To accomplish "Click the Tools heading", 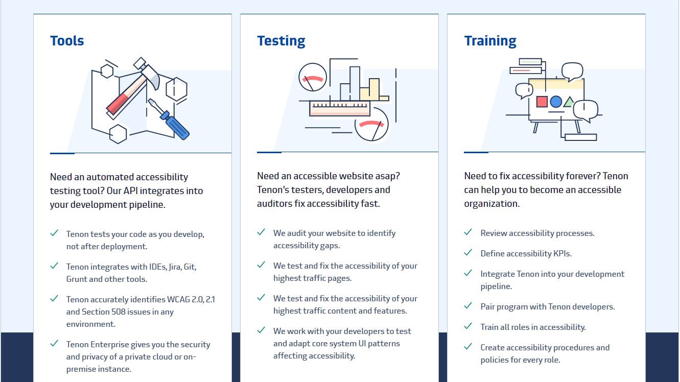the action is click(67, 41).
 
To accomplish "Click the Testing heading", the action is click(281, 41).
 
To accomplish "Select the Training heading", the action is click(490, 41).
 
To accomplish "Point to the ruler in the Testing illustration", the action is click(340, 108).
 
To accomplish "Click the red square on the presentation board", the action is click(542, 102).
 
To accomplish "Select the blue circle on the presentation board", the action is click(555, 102).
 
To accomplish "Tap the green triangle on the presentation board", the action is click(569, 102).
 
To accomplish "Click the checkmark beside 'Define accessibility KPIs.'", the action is click(468, 252).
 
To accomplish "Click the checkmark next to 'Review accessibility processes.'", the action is click(468, 232).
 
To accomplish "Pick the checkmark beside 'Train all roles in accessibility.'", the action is click(468, 326).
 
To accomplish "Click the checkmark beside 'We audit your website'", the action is click(261, 232).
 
